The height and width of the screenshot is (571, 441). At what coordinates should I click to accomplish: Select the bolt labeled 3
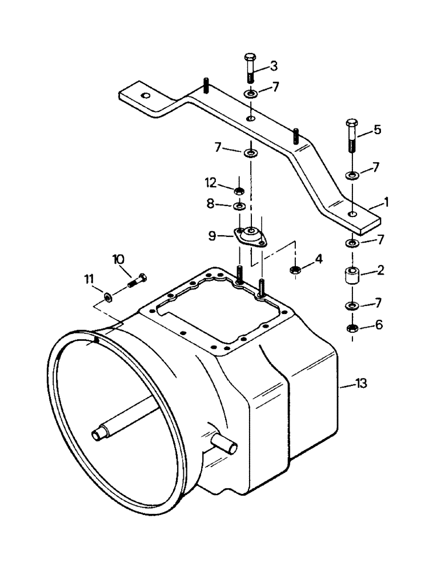(250, 69)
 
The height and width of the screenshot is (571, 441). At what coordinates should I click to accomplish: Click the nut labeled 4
(296, 268)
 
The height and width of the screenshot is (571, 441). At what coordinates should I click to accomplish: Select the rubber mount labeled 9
(250, 236)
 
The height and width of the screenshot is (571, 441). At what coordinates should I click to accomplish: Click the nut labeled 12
(240, 190)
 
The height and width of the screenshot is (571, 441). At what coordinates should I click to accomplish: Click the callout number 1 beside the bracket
(388, 202)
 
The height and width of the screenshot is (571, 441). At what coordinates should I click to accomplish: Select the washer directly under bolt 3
(250, 93)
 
